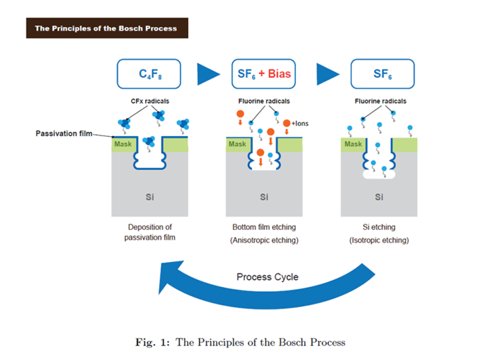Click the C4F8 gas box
click(149, 72)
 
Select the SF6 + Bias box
click(264, 72)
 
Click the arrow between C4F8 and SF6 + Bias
click(207, 73)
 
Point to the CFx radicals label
click(151, 101)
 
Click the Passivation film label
click(60, 132)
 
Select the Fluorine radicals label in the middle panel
click(265, 101)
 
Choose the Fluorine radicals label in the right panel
click(380, 101)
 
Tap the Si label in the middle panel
click(265, 197)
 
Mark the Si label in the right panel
click(379, 197)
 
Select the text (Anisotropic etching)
click(264, 240)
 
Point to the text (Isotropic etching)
click(379, 240)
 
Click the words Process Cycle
click(267, 277)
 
